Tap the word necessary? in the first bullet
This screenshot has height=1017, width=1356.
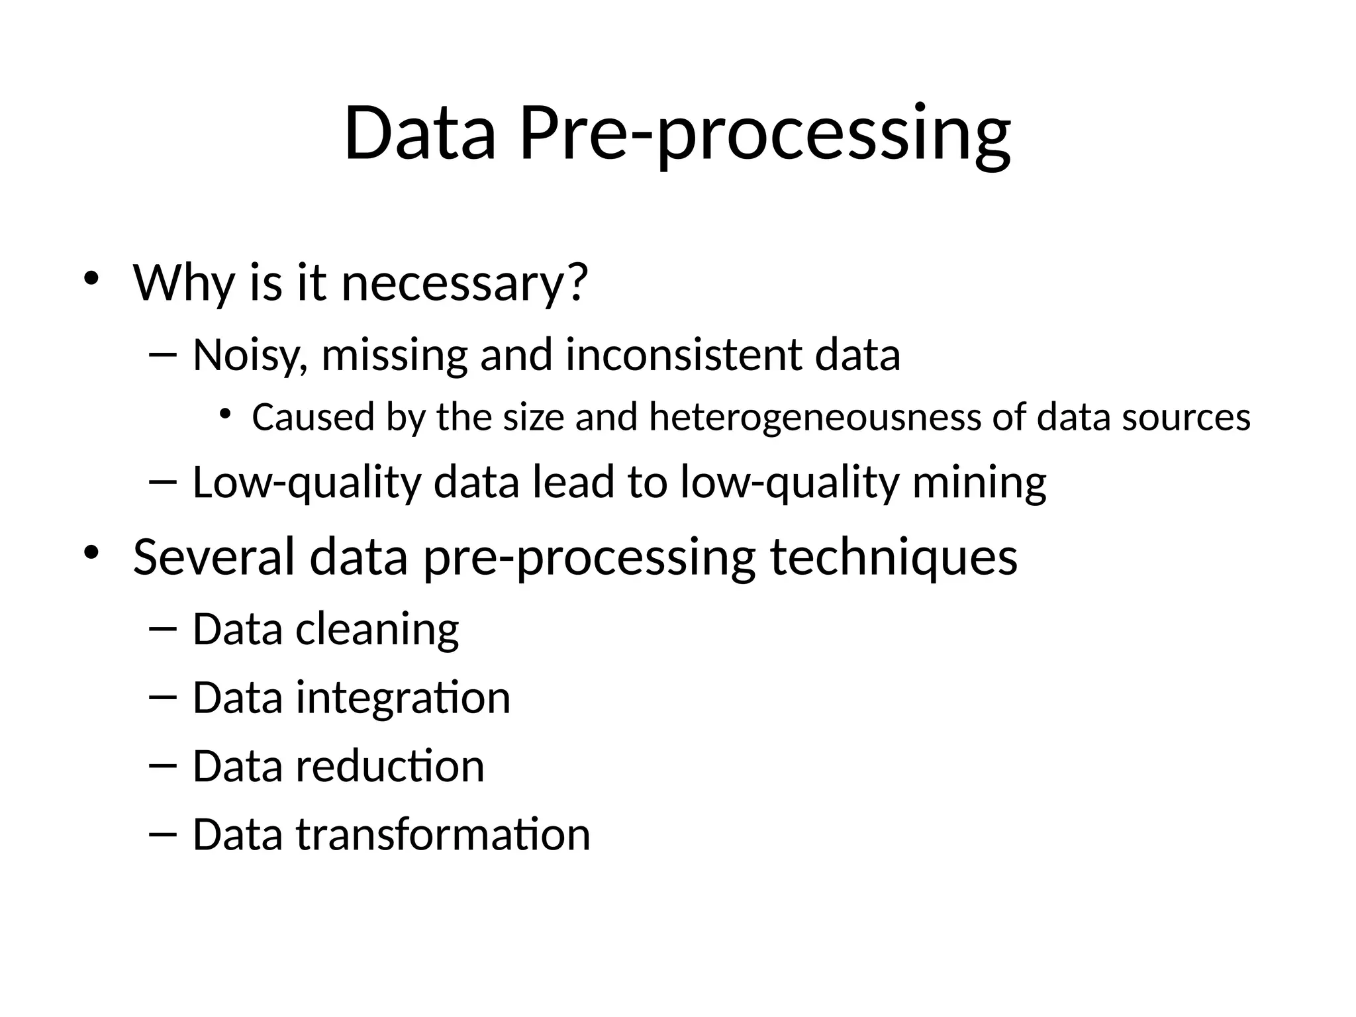click(464, 283)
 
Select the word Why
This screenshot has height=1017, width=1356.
click(183, 283)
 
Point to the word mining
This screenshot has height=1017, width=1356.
click(979, 482)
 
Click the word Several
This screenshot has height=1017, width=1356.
click(213, 557)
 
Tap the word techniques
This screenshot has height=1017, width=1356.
click(894, 557)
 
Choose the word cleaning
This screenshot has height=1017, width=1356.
click(377, 629)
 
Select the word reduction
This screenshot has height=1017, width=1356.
click(390, 766)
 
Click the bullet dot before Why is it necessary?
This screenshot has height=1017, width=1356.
click(91, 277)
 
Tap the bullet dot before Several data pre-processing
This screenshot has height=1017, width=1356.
click(91, 552)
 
